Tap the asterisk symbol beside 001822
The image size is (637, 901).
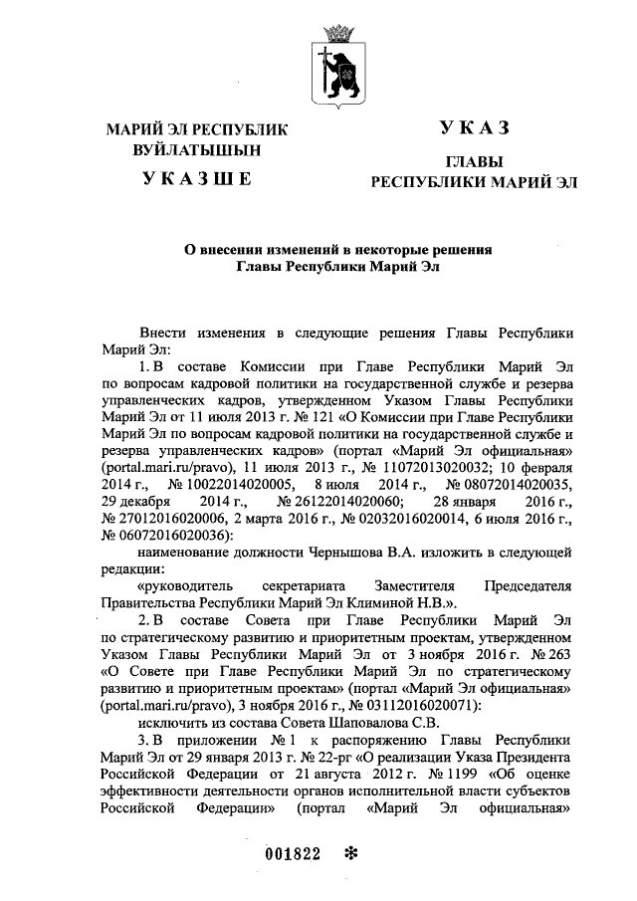pos(349,853)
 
